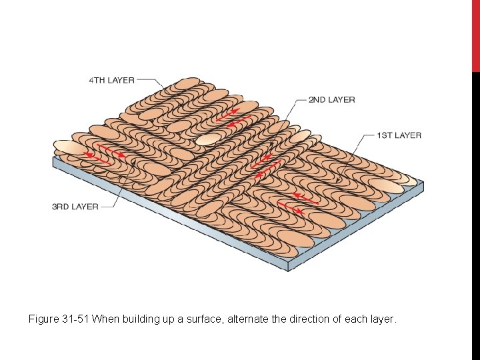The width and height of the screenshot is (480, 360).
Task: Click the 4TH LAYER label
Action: [x=112, y=81]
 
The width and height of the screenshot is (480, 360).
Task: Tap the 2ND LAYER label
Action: [x=331, y=100]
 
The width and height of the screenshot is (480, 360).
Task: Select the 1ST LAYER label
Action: [x=399, y=135]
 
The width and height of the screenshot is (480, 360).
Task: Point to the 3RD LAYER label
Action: [x=75, y=207]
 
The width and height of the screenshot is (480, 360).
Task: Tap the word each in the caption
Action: [x=358, y=319]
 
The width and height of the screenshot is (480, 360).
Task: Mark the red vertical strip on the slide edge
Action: [x=476, y=36]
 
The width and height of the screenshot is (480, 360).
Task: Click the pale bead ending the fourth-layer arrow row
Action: [x=209, y=139]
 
